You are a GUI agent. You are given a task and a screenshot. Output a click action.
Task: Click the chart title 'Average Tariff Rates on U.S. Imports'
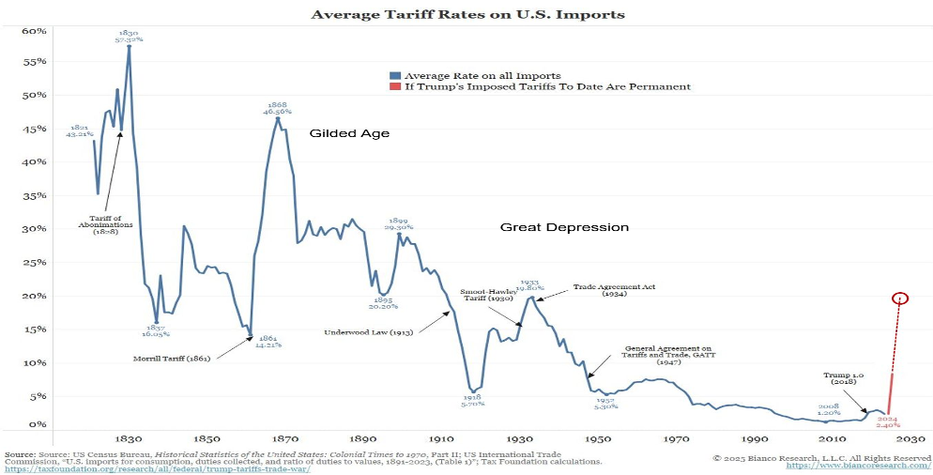pyautogui.click(x=466, y=15)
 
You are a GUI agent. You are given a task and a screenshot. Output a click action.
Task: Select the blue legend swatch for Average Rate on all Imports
pyautogui.click(x=394, y=75)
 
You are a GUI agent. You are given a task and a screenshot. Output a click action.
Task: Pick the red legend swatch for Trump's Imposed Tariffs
pyautogui.click(x=394, y=86)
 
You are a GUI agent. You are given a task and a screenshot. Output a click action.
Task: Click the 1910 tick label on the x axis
pyautogui.click(x=435, y=439)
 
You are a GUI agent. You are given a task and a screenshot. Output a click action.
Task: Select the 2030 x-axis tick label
pyautogui.click(x=907, y=439)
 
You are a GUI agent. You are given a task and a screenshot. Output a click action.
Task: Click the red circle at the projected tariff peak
pyautogui.click(x=901, y=299)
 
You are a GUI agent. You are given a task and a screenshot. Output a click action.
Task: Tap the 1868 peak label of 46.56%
pyautogui.click(x=277, y=107)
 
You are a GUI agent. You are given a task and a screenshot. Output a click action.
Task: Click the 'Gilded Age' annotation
pyautogui.click(x=349, y=134)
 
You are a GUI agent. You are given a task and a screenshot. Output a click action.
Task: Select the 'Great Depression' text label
pyautogui.click(x=564, y=227)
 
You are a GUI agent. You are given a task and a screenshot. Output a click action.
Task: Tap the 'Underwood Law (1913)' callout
pyautogui.click(x=369, y=331)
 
